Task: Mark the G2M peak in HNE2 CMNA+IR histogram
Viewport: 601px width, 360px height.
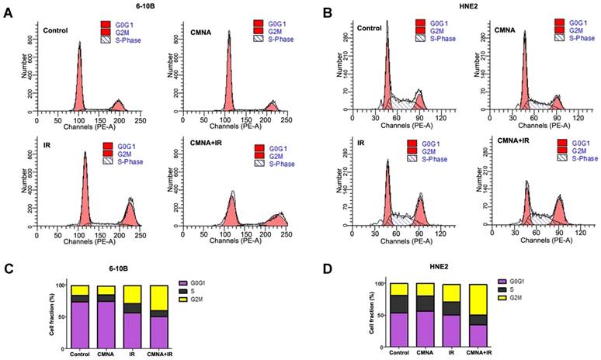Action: [558, 204]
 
